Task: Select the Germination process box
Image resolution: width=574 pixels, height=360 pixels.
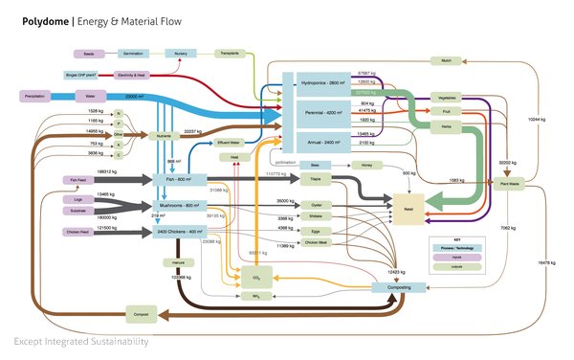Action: point(134,54)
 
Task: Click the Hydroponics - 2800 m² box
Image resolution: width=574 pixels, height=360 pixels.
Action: point(325,84)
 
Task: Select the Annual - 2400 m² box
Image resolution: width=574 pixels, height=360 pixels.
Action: point(325,142)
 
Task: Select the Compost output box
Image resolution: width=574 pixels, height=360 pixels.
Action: point(141,312)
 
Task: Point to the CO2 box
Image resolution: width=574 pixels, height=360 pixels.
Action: point(255,277)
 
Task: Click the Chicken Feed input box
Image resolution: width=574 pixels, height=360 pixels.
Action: point(78,232)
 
